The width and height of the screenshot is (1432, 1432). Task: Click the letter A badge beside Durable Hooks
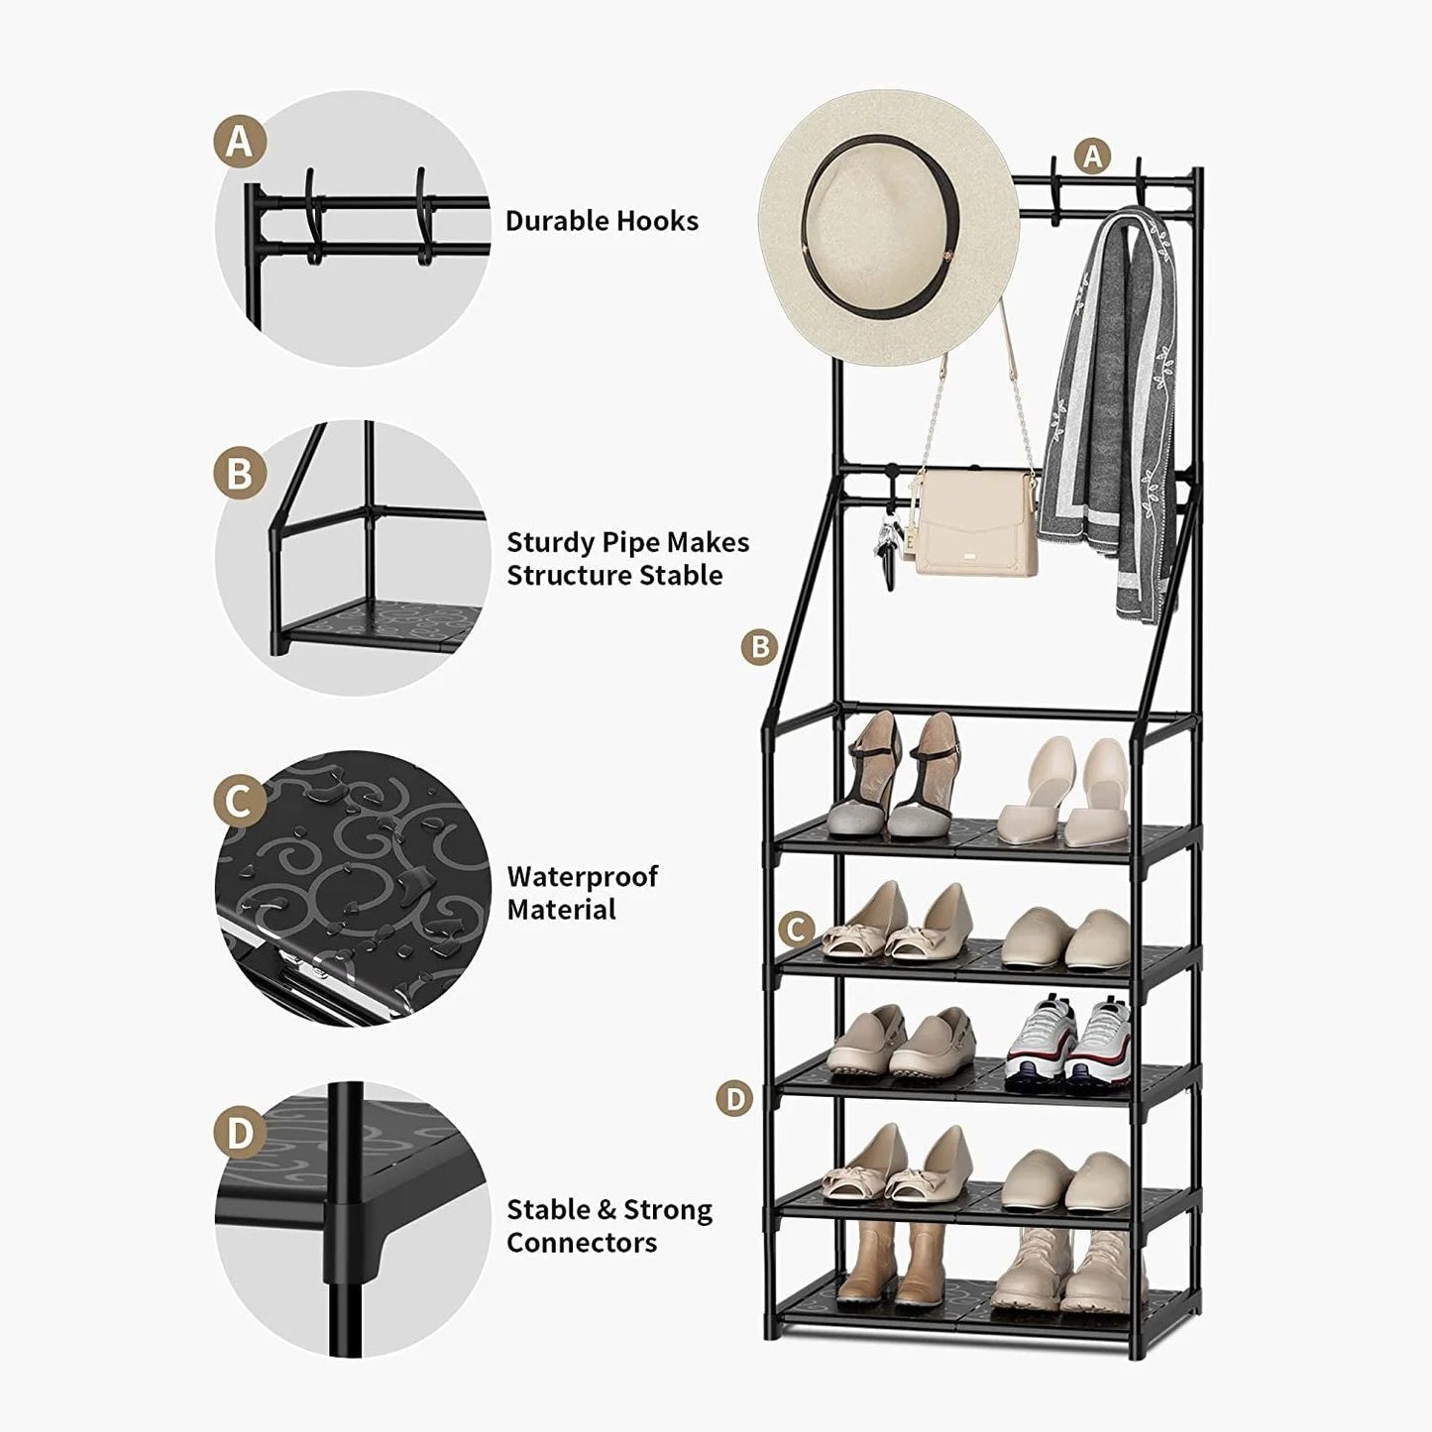(x=240, y=141)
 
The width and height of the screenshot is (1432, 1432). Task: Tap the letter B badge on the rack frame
(x=760, y=647)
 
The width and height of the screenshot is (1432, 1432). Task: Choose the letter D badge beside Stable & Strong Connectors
(x=240, y=1134)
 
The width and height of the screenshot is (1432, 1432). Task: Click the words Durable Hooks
(x=602, y=220)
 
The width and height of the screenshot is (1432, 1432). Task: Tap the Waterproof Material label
(x=582, y=893)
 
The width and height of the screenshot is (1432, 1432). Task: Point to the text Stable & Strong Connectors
(x=608, y=1226)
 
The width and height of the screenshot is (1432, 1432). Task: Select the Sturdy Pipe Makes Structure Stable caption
(x=627, y=559)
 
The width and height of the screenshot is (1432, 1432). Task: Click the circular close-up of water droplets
(x=353, y=888)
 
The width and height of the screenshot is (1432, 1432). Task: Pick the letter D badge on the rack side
(x=734, y=1098)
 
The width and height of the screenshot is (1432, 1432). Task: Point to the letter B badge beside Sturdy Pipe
(x=240, y=474)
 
